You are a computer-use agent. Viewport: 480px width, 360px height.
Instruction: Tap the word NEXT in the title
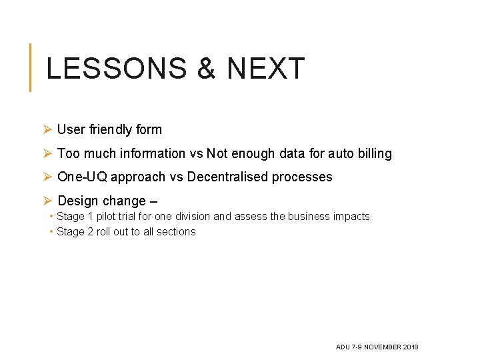coord(265,69)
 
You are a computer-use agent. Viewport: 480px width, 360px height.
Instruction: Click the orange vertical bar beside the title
coord(30,67)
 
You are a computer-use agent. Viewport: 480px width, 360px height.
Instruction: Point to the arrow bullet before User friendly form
coord(47,129)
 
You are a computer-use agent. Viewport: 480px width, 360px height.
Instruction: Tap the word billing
coord(375,153)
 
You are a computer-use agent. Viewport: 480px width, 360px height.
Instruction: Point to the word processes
coord(305,177)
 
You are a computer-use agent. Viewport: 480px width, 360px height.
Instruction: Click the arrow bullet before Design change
coord(47,201)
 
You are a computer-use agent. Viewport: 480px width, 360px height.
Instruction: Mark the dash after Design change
coord(155,201)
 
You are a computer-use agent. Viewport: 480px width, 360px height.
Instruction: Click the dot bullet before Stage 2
coord(51,232)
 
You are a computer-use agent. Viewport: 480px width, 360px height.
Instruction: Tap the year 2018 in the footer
coord(411,347)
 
